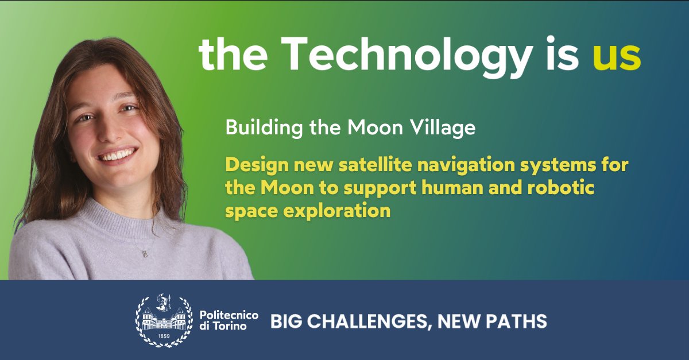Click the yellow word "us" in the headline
point(617,56)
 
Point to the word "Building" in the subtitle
point(257,127)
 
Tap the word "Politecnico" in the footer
point(229,316)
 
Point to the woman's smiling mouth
point(118,156)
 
